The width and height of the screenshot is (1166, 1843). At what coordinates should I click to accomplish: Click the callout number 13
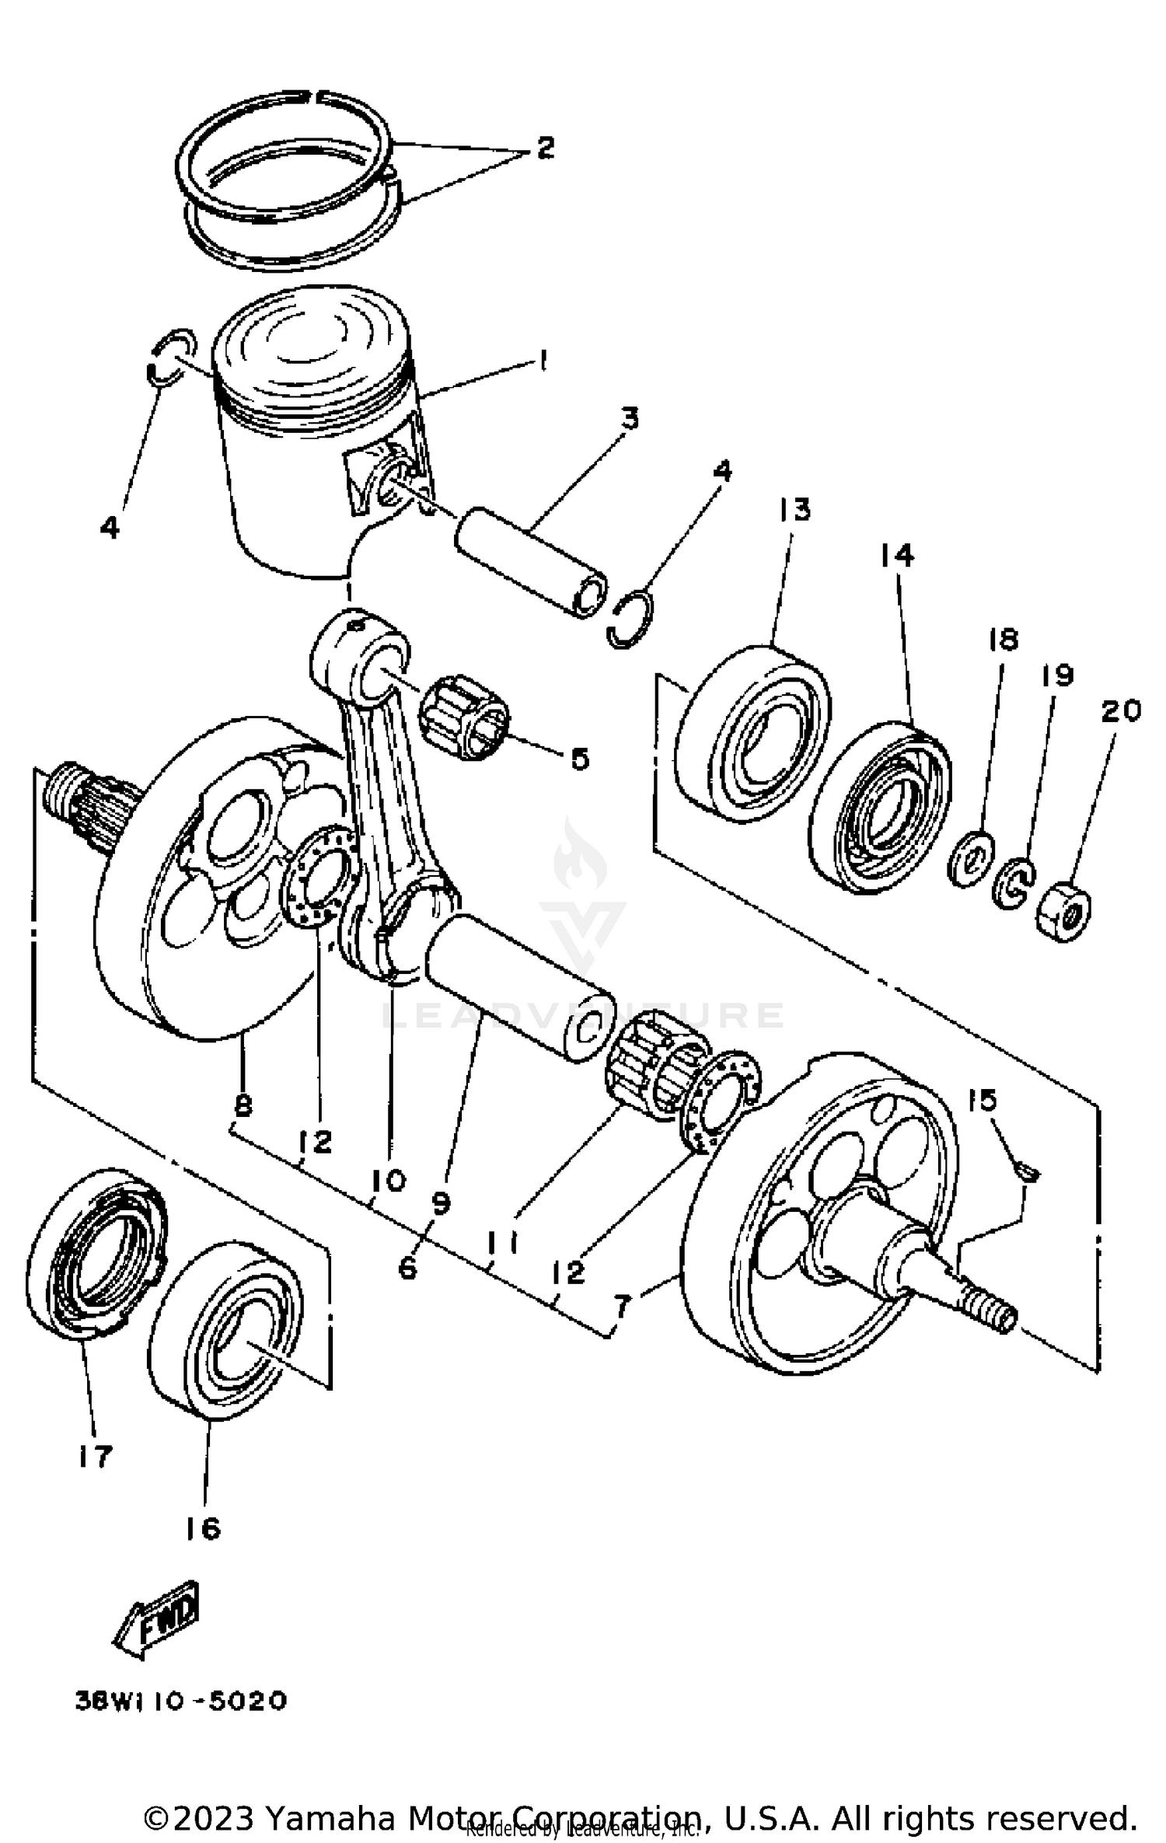tap(793, 510)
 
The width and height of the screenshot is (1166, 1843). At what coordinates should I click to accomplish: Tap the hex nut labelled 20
tap(1064, 911)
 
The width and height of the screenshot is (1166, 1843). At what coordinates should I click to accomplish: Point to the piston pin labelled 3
tap(531, 561)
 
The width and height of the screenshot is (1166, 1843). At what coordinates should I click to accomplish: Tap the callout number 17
tap(95, 1455)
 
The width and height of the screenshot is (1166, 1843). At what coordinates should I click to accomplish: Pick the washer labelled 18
tap(971, 858)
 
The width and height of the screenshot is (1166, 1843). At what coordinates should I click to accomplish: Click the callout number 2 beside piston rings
tap(545, 147)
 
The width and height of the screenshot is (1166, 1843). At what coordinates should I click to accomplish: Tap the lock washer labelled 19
tap(1014, 884)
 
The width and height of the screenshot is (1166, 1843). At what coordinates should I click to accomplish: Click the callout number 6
tap(407, 1269)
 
